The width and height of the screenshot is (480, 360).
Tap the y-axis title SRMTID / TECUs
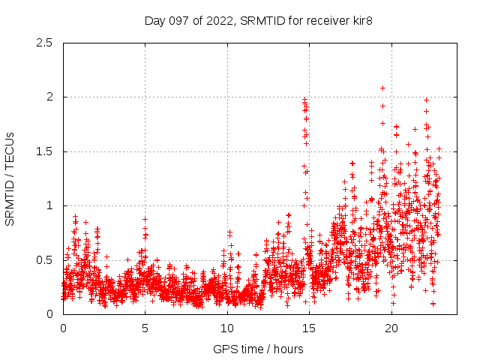pos(10,178)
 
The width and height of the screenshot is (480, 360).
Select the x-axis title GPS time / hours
pos(258,349)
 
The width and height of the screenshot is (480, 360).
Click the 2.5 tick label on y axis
pos(45,43)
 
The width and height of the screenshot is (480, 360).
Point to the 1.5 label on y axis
pos(45,151)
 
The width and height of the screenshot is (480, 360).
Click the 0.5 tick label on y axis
pos(45,260)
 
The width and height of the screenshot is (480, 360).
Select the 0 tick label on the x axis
pos(63,328)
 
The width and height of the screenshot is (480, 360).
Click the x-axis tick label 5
pos(145,328)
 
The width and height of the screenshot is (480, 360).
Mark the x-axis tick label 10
pos(227,328)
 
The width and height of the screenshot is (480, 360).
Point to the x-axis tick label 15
pos(309,328)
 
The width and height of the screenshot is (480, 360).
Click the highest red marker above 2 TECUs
pos(382,88)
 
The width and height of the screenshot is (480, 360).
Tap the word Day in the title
pos(154,20)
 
